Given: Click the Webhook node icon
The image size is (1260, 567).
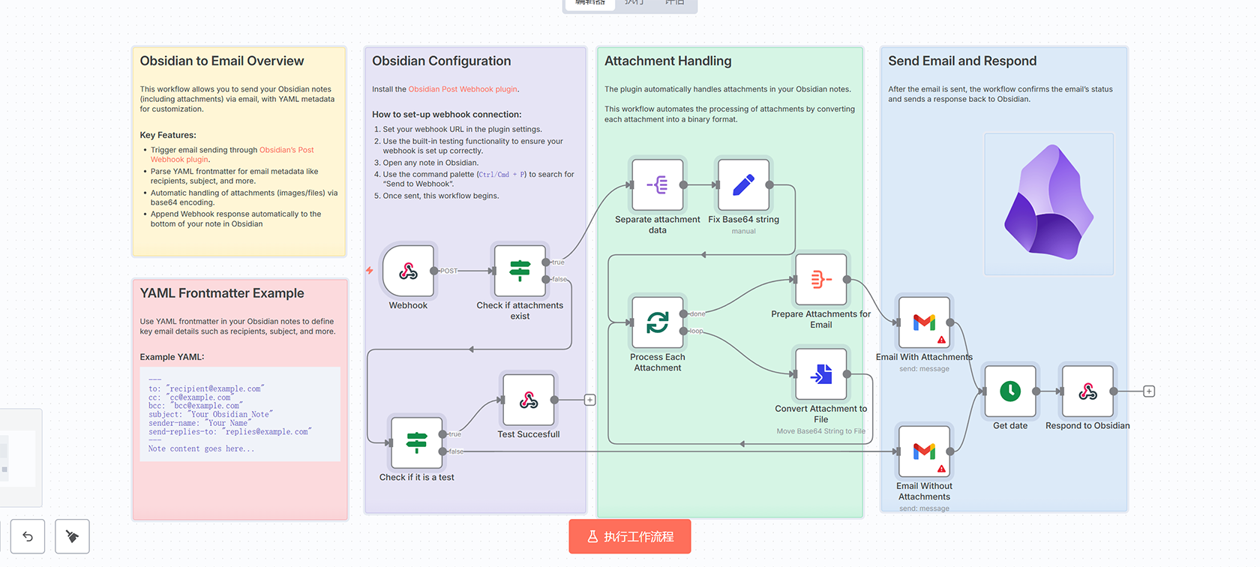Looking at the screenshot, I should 408,271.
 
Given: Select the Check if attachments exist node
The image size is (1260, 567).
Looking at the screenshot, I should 520,271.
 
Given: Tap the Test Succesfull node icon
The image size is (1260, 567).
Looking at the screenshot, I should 529,400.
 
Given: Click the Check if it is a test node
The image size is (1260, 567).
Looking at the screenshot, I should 416,442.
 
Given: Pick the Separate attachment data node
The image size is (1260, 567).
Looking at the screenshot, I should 658,184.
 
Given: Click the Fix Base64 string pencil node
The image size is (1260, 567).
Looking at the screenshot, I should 743,184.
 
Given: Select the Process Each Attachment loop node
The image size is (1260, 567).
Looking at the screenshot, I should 658,322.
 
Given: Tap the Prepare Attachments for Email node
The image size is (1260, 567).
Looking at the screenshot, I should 821,280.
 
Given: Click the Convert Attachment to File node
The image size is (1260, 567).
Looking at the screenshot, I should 821,373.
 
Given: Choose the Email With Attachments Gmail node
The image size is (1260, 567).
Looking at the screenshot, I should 924,322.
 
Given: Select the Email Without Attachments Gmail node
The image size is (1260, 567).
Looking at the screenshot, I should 924,451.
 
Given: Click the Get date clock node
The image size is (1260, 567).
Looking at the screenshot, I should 1010,391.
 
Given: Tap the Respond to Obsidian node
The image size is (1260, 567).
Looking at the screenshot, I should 1087,391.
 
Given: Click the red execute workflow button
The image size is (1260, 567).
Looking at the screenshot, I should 629,536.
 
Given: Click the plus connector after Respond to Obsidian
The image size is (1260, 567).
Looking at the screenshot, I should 1149,391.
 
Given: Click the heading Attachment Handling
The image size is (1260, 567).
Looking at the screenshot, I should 667,61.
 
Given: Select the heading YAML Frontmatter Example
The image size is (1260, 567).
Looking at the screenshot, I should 222,293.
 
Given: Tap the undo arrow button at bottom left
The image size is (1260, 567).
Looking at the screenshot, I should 28,536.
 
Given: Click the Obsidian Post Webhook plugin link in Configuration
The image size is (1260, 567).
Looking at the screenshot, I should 463,89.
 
